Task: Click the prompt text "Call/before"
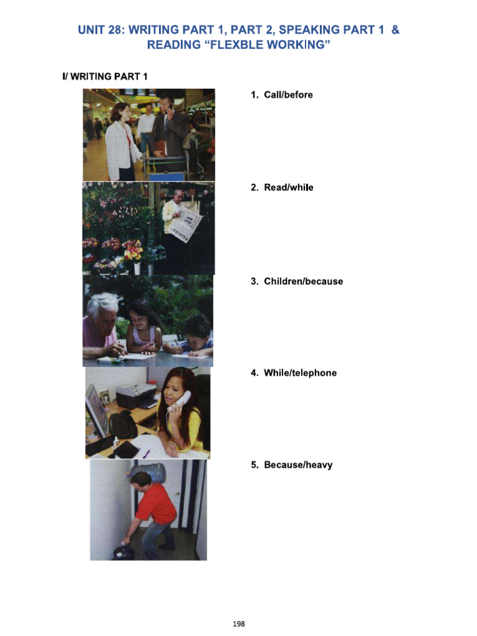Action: (x=288, y=95)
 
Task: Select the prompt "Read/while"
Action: (x=288, y=188)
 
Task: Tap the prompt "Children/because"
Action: (x=303, y=281)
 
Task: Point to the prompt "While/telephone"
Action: (x=300, y=373)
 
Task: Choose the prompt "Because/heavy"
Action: (x=298, y=465)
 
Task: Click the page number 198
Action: (x=238, y=624)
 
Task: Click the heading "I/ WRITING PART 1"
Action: (x=104, y=76)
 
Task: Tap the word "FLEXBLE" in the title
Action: (x=238, y=45)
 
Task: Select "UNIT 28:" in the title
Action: (x=101, y=30)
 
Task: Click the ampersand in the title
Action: (x=395, y=30)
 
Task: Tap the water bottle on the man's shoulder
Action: (x=148, y=472)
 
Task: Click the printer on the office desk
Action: (x=136, y=396)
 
